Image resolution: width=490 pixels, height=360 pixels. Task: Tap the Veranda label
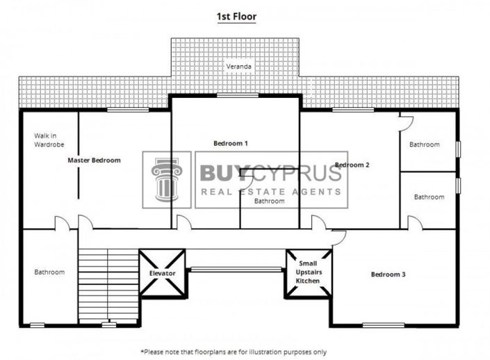click(x=237, y=67)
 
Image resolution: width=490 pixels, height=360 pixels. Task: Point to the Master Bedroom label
click(x=94, y=160)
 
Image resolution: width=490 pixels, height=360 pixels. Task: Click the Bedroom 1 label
click(x=231, y=143)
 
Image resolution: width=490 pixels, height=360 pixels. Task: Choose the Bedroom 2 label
click(x=352, y=165)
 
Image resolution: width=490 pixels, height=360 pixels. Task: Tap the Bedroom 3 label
click(x=388, y=275)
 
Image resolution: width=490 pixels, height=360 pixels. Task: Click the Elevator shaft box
click(x=162, y=273)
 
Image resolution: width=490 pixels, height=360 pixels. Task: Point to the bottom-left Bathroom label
click(x=49, y=272)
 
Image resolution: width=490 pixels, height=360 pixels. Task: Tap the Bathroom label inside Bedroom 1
click(x=269, y=201)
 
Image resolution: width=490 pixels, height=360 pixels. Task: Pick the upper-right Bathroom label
click(x=424, y=145)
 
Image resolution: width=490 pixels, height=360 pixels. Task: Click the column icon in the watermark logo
click(x=167, y=179)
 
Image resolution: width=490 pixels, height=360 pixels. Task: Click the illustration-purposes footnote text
click(x=234, y=352)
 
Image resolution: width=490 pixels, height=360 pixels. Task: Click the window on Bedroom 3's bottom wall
click(x=384, y=325)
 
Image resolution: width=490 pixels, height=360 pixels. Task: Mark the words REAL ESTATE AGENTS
click(x=271, y=191)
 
